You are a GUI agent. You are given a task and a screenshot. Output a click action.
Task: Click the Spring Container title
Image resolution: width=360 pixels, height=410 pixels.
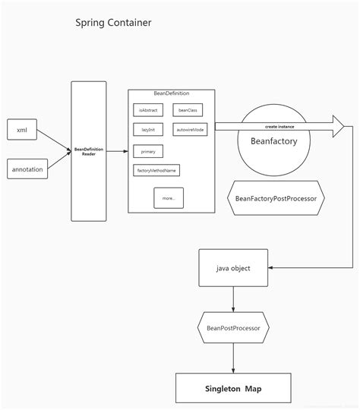tap(112, 23)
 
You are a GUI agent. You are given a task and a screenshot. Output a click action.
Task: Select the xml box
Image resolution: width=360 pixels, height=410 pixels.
tap(21, 131)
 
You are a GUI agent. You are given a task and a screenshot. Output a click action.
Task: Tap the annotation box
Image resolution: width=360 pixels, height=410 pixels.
tap(28, 169)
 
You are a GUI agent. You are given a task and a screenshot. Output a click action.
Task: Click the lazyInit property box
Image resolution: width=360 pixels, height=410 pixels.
tap(147, 130)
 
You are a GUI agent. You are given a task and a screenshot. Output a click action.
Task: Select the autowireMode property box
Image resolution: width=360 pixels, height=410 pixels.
tap(190, 130)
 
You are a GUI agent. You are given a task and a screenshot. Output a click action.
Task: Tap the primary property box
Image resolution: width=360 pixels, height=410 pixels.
tap(147, 150)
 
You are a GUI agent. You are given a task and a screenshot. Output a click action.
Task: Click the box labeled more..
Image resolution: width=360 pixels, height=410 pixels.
tap(168, 198)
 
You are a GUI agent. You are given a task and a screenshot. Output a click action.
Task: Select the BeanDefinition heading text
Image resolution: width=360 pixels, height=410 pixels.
tap(171, 93)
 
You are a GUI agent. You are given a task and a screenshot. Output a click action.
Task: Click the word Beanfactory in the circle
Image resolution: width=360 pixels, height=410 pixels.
tap(273, 141)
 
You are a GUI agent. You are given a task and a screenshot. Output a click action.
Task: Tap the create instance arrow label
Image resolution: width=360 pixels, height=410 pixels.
tap(280, 126)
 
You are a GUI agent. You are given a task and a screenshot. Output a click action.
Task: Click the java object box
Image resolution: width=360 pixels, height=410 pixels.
tap(233, 268)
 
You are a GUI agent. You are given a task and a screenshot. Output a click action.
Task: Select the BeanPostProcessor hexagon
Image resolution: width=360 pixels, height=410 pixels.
tap(232, 328)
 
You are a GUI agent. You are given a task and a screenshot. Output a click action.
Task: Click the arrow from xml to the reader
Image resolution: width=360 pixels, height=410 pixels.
tap(53, 140)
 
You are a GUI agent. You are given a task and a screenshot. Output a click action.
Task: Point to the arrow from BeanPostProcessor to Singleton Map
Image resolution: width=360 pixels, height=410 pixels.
tap(232, 358)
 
